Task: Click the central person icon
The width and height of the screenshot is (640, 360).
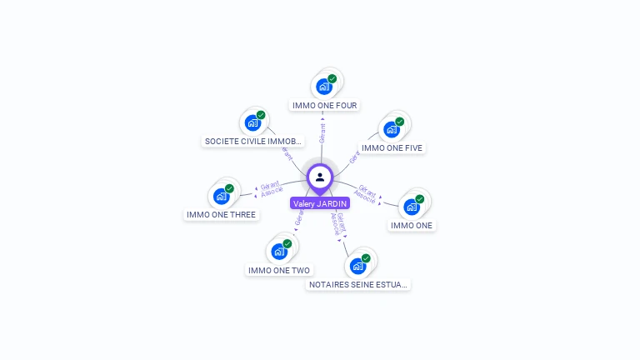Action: tap(320, 177)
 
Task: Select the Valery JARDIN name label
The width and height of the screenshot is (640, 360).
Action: tap(320, 203)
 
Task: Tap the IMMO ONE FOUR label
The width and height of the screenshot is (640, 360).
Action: tap(325, 106)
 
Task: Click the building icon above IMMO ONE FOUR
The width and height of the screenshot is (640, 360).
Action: tap(323, 86)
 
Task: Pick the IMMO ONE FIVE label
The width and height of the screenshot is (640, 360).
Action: tap(392, 148)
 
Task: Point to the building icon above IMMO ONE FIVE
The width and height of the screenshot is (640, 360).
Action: tap(391, 129)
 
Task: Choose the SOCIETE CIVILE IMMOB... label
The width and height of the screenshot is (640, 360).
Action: tap(253, 142)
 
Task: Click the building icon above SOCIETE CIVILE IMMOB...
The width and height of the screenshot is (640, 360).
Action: tap(252, 122)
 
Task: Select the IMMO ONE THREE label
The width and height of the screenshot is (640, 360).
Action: tap(222, 215)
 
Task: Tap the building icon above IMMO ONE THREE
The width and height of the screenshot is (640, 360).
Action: tap(221, 196)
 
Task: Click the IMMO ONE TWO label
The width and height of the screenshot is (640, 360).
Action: tap(279, 270)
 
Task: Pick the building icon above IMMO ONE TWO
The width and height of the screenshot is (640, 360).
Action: tap(278, 251)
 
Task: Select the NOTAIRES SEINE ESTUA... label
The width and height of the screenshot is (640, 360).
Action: tap(359, 285)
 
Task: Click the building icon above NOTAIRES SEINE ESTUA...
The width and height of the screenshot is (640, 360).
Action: tap(357, 266)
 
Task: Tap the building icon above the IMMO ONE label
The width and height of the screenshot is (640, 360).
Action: tap(412, 206)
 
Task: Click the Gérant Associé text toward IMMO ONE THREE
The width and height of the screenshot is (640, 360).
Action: tap(271, 189)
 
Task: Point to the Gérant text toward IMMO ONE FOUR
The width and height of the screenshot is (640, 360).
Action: tap(323, 131)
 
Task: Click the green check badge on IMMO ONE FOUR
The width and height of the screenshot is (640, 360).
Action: tap(332, 78)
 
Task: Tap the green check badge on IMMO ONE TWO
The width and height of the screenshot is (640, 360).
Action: tap(287, 243)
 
